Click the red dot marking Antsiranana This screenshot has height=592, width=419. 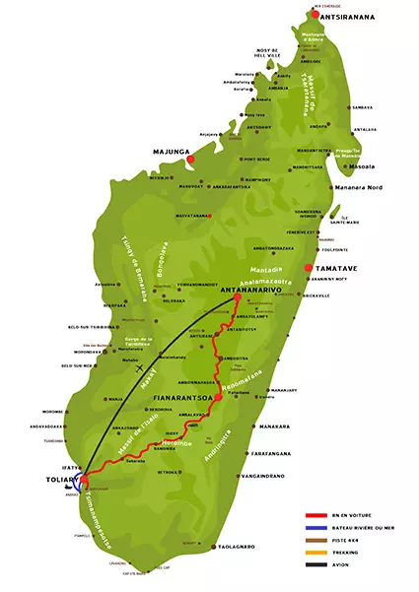314,15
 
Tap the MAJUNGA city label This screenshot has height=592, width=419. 169,153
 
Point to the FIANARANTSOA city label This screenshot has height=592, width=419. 181,397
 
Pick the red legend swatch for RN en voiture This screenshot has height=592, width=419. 316,515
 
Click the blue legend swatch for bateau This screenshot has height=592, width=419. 316,529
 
